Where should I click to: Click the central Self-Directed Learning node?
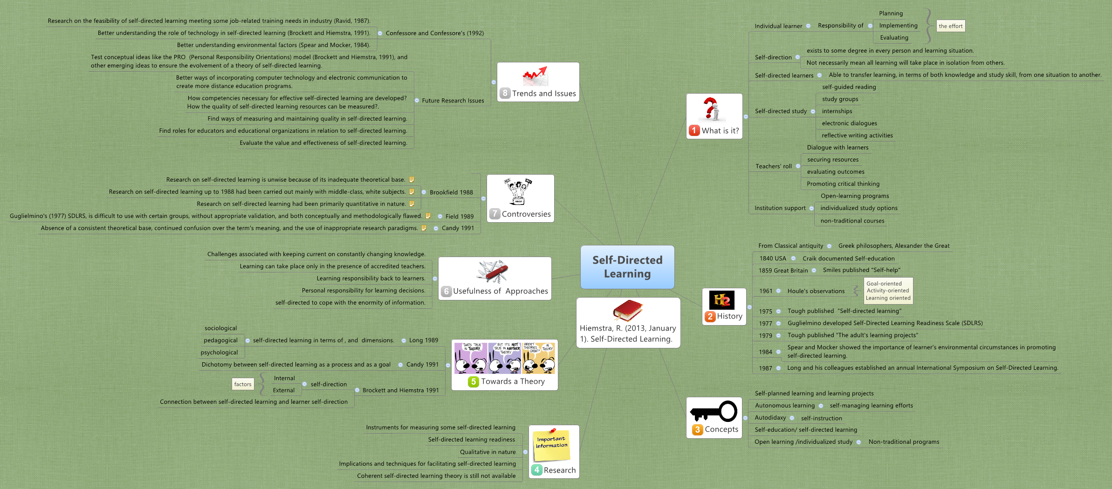click(x=627, y=267)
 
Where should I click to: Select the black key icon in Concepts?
click(x=714, y=411)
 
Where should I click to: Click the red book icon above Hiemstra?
click(x=627, y=310)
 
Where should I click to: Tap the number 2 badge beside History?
click(x=710, y=317)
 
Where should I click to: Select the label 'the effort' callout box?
click(x=950, y=26)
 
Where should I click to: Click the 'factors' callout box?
click(x=243, y=384)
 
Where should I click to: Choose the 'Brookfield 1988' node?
click(x=451, y=192)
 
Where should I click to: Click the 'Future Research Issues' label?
click(x=453, y=101)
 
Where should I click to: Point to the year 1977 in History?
click(x=765, y=324)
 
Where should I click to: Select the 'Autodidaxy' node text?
click(x=770, y=418)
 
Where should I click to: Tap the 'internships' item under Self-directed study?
click(x=837, y=111)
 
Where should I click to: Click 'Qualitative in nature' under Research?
click(x=487, y=452)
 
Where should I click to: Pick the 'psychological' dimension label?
click(x=219, y=353)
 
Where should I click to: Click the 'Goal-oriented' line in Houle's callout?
click(x=884, y=284)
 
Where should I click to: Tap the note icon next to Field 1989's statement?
click(x=428, y=216)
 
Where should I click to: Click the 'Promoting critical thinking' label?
click(x=843, y=184)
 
